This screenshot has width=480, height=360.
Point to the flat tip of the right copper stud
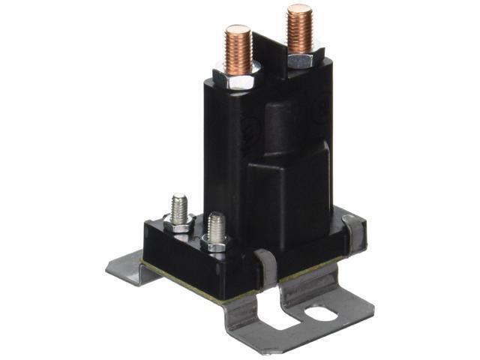[299, 9]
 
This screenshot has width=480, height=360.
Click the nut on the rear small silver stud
[180, 222]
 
